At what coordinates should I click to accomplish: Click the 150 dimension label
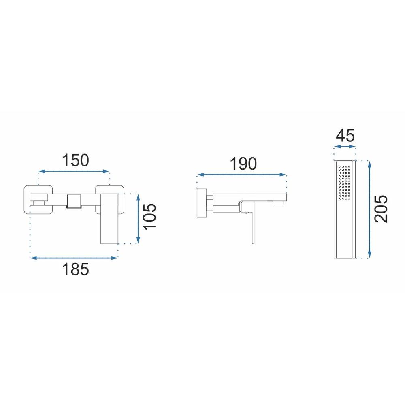coord(75,160)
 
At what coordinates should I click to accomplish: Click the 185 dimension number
coord(75,269)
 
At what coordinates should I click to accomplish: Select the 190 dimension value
coord(243,164)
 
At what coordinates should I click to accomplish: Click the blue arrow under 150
coord(74,171)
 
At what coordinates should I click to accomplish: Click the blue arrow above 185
coord(74,258)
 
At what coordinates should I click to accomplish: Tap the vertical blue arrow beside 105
coord(138,219)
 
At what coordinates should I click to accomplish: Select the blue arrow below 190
coord(241,175)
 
